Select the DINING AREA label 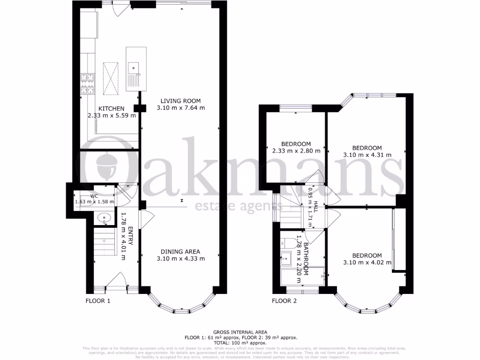coord(180,251)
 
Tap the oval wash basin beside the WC coord(103,218)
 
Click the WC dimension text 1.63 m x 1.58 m coord(95,202)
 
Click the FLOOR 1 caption coord(97,301)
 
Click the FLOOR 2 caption coord(285,301)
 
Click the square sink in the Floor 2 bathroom coord(286,258)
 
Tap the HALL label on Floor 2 coord(316,208)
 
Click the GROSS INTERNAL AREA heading coord(240,332)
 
